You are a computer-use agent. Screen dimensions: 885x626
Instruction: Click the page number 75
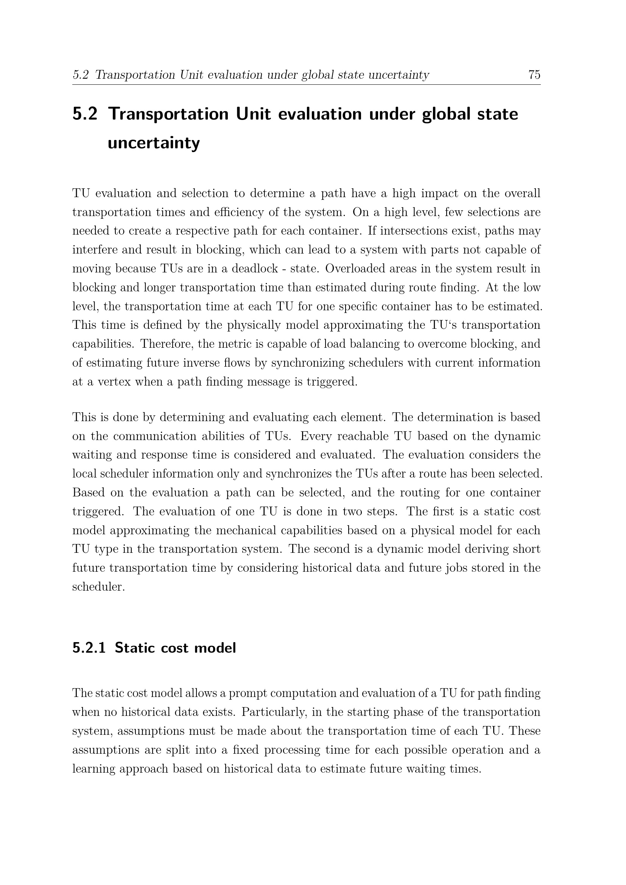(534, 75)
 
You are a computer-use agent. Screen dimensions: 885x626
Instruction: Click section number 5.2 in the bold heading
(85, 114)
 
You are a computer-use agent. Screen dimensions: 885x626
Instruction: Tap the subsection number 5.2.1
(89, 648)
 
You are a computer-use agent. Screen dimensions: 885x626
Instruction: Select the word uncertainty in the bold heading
(153, 143)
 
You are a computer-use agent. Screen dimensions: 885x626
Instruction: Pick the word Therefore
(166, 344)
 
